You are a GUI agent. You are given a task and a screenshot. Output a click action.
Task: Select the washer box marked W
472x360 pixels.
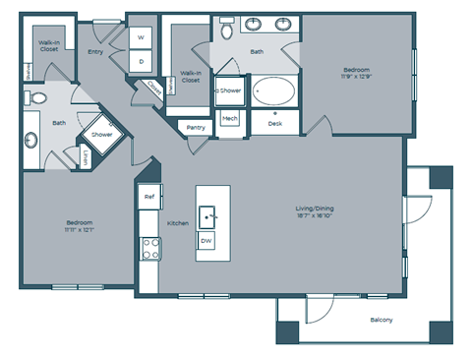click(x=141, y=38)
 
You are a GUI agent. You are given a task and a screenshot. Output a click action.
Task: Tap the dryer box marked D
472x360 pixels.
click(x=141, y=61)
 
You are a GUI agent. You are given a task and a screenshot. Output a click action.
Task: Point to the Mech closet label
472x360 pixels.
click(x=229, y=118)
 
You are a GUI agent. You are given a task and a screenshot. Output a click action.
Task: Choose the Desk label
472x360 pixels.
click(x=274, y=124)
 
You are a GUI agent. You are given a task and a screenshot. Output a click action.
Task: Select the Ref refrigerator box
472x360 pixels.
click(x=149, y=197)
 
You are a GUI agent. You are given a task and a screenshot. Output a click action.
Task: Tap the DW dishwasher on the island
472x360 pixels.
click(x=206, y=240)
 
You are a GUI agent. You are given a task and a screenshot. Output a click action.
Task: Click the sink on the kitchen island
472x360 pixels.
click(x=208, y=210)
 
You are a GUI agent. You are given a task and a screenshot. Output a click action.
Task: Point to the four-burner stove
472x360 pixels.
click(x=151, y=249)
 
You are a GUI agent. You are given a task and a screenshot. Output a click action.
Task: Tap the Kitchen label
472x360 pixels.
click(x=177, y=223)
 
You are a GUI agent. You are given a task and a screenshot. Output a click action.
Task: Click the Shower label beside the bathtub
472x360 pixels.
click(x=231, y=90)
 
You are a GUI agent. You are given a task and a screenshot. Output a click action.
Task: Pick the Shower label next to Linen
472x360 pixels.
click(x=102, y=134)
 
